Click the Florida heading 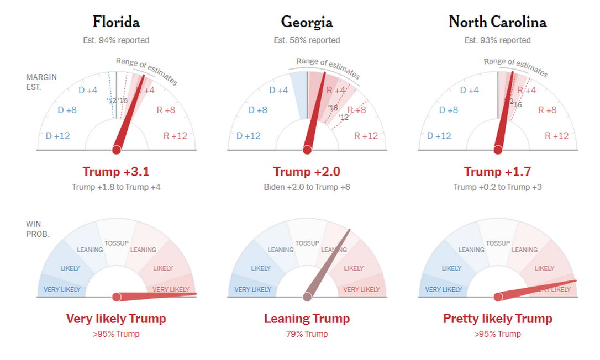coord(116,22)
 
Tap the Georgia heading coord(307,22)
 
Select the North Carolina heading coord(497,22)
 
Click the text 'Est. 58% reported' coord(307,40)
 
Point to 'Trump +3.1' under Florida coord(116,172)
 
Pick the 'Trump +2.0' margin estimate coord(307,172)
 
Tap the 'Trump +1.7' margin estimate coord(497,172)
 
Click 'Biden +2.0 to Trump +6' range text coord(307,187)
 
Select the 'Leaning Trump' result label coord(307,319)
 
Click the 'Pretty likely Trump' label coord(497,319)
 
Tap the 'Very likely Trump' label coord(116,319)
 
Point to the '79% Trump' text coord(307,334)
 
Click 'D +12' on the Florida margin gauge coord(58,136)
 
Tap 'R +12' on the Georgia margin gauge coord(366,136)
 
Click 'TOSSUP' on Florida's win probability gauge coord(116,243)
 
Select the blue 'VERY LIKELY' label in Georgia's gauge coord(252,289)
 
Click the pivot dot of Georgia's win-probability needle coord(307,297)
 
